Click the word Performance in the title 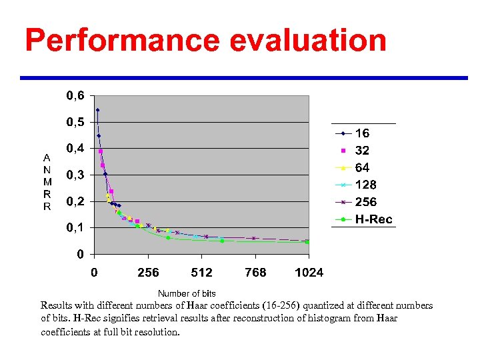tap(122, 40)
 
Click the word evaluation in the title tap(308, 40)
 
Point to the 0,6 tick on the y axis tap(75, 96)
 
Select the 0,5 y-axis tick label tap(75, 123)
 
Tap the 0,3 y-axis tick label tap(75, 175)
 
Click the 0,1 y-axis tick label tap(75, 228)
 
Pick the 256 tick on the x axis tap(148, 272)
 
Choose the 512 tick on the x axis tap(202, 272)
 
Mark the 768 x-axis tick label tap(255, 272)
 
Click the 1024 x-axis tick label tap(309, 272)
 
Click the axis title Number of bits tap(187, 293)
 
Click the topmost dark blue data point tap(97, 110)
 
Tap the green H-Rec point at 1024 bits tap(307, 242)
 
